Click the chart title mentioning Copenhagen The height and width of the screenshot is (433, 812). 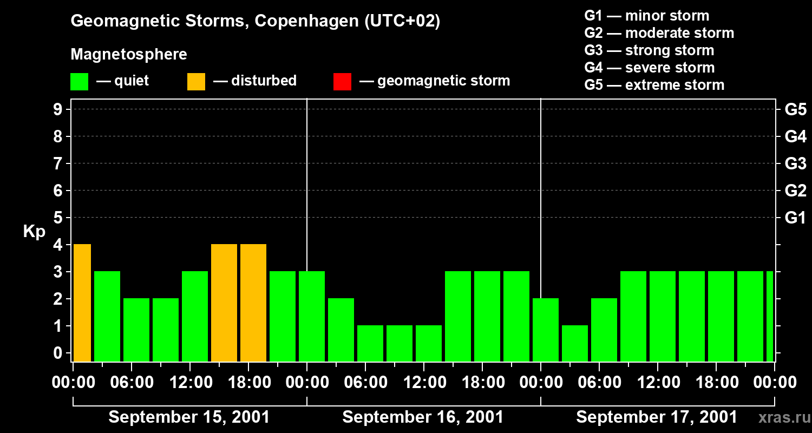255,21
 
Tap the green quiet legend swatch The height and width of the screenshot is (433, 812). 79,82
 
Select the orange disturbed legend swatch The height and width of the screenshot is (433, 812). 196,82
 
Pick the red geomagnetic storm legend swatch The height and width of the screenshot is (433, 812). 342,82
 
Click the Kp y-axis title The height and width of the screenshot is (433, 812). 34,232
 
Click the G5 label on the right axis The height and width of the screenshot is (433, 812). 795,110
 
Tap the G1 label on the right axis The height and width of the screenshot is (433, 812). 795,218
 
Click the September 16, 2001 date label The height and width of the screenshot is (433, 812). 423,417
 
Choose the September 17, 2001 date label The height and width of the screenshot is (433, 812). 657,417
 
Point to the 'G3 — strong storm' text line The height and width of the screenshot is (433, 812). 649,50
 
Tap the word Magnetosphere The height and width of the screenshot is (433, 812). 129,55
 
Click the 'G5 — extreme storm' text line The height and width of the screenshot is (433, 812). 654,85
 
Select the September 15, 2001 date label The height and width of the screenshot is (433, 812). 189,417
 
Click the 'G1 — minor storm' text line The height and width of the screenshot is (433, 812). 646,16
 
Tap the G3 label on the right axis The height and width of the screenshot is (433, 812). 795,164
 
